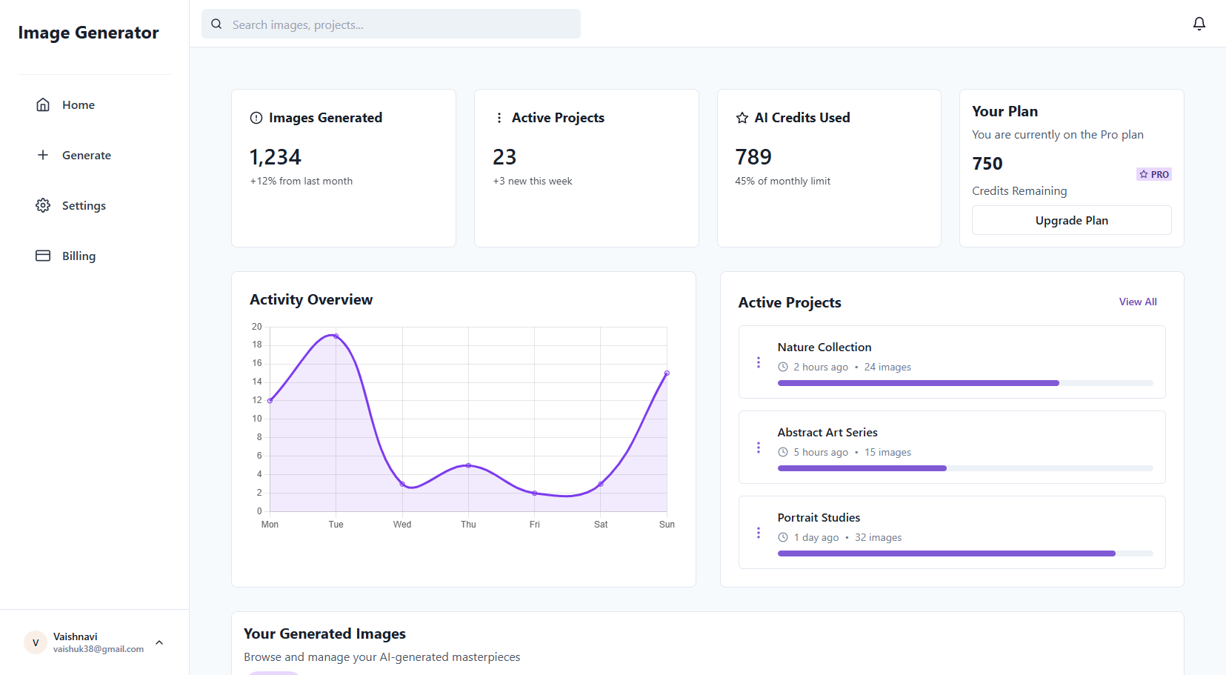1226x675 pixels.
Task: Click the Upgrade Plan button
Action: [x=1071, y=220]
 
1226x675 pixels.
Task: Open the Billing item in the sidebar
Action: [x=78, y=256]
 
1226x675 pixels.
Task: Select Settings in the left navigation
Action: [x=83, y=205]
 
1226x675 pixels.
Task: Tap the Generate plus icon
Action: [x=43, y=155]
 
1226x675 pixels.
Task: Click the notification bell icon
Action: [x=1199, y=24]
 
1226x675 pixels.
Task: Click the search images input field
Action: [x=400, y=24]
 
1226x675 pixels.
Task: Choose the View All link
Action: [x=1137, y=302]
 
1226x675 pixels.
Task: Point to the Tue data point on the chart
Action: [x=336, y=336]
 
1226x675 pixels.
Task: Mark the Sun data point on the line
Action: [x=667, y=373]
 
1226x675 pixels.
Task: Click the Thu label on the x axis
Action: [x=468, y=525]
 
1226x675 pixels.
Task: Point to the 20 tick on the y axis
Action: [x=257, y=327]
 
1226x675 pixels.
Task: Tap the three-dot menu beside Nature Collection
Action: [x=758, y=362]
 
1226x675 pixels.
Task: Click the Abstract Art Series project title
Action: [x=827, y=432]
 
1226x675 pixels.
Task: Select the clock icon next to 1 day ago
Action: [x=783, y=537]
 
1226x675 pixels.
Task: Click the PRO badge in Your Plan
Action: [x=1154, y=174]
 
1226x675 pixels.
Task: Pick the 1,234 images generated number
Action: [x=276, y=157]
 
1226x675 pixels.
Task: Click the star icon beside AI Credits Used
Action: [x=742, y=118]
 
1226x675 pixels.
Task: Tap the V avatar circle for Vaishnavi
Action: [x=35, y=642]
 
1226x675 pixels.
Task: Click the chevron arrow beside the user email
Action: [x=159, y=642]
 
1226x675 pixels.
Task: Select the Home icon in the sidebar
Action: [x=43, y=104]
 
